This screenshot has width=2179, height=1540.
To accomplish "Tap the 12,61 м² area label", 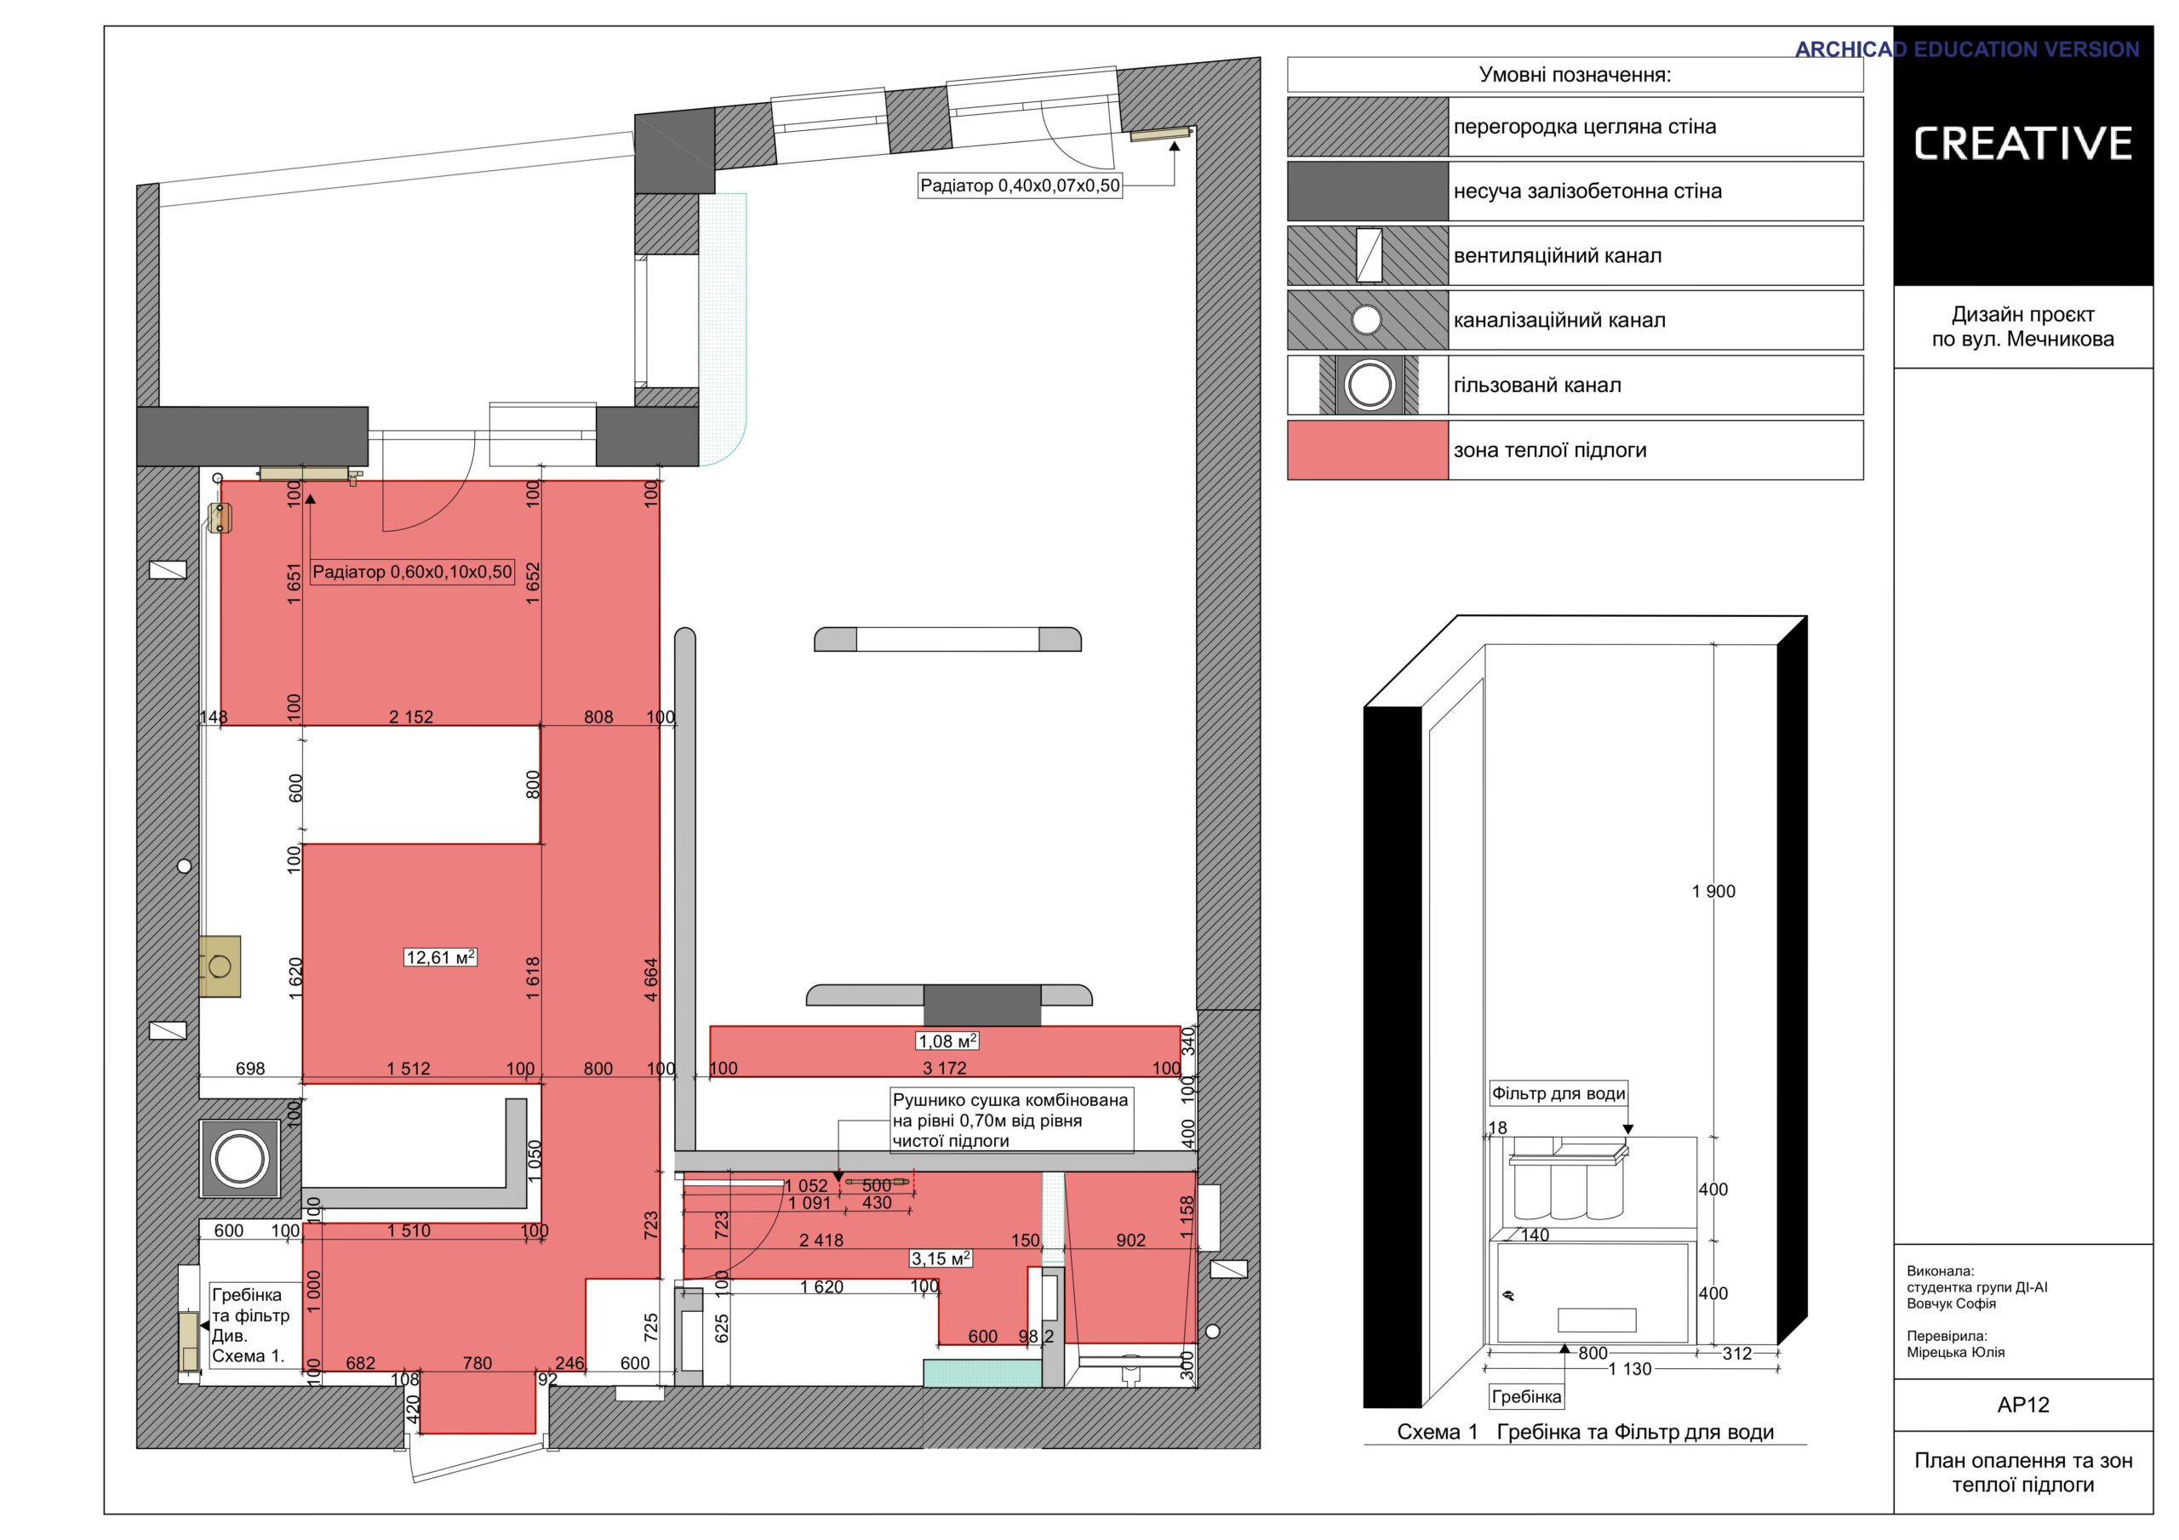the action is (x=440, y=957).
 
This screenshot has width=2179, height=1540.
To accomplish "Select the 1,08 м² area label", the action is (x=947, y=1041).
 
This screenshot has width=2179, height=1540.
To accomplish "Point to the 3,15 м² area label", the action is (x=941, y=1258).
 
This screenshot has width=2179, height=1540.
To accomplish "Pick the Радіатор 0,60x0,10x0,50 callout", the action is (x=412, y=572).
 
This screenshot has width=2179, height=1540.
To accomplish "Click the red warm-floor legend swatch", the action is (x=1368, y=450).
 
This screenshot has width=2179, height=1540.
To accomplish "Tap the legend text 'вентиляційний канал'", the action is (x=1558, y=255).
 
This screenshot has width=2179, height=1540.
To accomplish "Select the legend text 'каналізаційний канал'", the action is (x=1559, y=320).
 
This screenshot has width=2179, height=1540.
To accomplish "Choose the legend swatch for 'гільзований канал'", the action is (x=1368, y=385).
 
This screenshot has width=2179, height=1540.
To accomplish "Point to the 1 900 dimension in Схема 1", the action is (x=1713, y=891).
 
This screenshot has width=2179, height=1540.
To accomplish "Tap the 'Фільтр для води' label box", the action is (x=1558, y=1093).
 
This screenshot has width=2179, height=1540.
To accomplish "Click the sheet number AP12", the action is (x=2022, y=1406).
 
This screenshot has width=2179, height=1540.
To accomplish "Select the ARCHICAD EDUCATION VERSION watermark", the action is (x=1966, y=49).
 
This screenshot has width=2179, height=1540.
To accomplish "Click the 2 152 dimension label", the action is (x=411, y=717).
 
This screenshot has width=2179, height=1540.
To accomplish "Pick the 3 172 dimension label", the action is (x=946, y=1069).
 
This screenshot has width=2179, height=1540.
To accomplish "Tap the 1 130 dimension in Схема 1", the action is (x=1631, y=1369).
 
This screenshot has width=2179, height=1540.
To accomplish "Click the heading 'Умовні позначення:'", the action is (x=1575, y=75).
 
